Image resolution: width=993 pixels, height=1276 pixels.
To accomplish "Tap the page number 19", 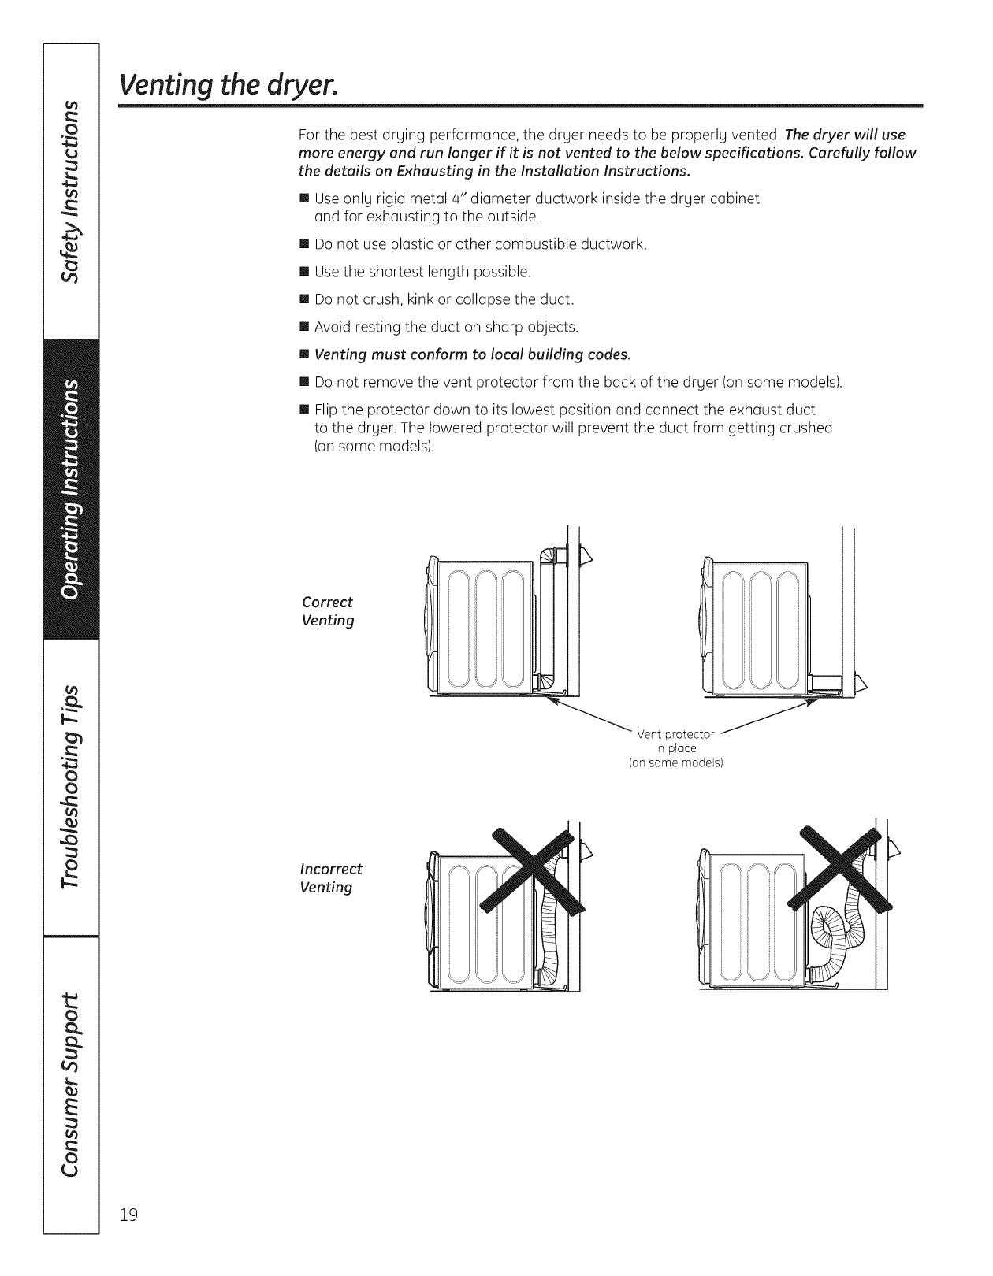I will tap(128, 1237).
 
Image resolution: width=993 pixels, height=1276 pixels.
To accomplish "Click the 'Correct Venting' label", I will tap(328, 611).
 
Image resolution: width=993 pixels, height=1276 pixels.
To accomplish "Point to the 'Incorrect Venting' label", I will tap(331, 878).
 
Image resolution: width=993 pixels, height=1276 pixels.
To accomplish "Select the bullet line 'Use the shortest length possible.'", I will tap(422, 272).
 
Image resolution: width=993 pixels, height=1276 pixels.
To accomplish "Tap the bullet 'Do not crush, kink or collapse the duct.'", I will tap(444, 299).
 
